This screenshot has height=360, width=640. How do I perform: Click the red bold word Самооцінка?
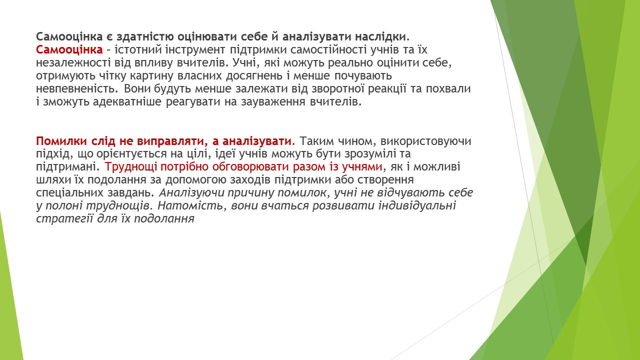coord(69,49)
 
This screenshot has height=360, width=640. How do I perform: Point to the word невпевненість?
coord(77,89)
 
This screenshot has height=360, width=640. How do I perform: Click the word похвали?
coord(448,89)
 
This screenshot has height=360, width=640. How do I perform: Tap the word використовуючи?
coord(425,141)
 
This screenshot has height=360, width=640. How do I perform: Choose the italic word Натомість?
coord(190,205)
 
